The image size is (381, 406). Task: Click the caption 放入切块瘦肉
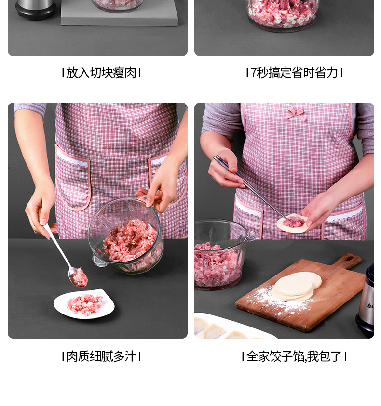[x=101, y=73]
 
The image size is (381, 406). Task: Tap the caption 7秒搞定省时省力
[x=294, y=73]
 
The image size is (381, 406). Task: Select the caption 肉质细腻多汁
[x=101, y=356]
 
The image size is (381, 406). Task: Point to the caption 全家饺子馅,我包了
[x=294, y=356]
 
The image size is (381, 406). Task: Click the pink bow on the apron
[x=295, y=114]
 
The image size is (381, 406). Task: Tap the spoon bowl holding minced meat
[x=78, y=277]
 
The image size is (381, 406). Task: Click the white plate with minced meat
[x=84, y=304]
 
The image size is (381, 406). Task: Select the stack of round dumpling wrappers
[x=296, y=286]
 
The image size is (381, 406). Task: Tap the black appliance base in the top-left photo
[x=35, y=11]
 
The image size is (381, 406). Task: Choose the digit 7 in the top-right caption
[x=253, y=73]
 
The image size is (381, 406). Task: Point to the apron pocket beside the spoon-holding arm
[x=73, y=179]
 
